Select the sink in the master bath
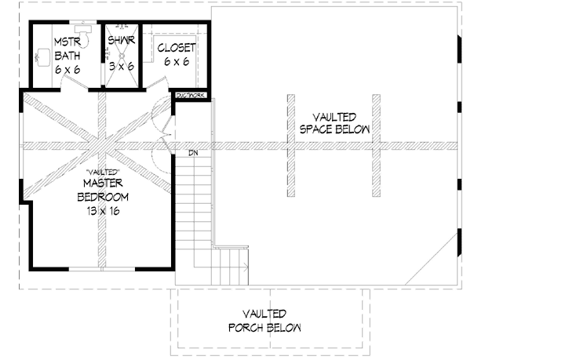43,57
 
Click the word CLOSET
177,48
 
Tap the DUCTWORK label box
191,96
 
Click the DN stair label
193,153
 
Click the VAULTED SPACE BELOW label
330,122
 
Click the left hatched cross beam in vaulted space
290,147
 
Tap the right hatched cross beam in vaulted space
376,147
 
